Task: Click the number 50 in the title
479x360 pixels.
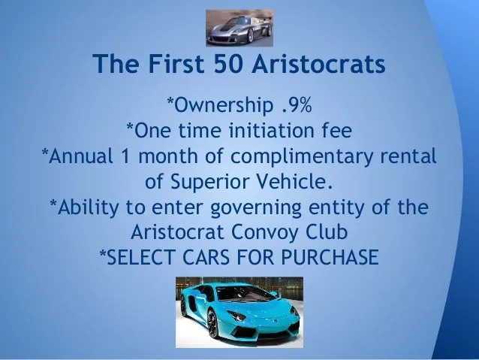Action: (x=228, y=64)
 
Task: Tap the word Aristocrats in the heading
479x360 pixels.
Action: (x=318, y=64)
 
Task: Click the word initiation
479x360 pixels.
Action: (x=271, y=130)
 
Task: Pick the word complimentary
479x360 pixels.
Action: (x=301, y=156)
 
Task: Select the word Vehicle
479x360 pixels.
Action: (x=294, y=181)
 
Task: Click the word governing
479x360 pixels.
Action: (x=256, y=208)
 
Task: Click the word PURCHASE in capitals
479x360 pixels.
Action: (x=330, y=257)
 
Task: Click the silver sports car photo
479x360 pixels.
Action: (x=239, y=28)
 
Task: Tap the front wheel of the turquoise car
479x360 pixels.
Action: (x=212, y=323)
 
